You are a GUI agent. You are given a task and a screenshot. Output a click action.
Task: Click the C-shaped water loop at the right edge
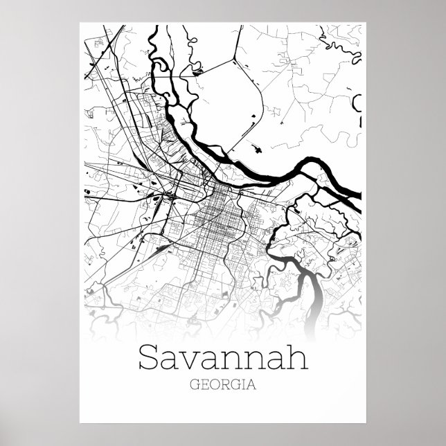357,104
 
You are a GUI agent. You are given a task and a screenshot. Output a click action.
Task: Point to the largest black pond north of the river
256,148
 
